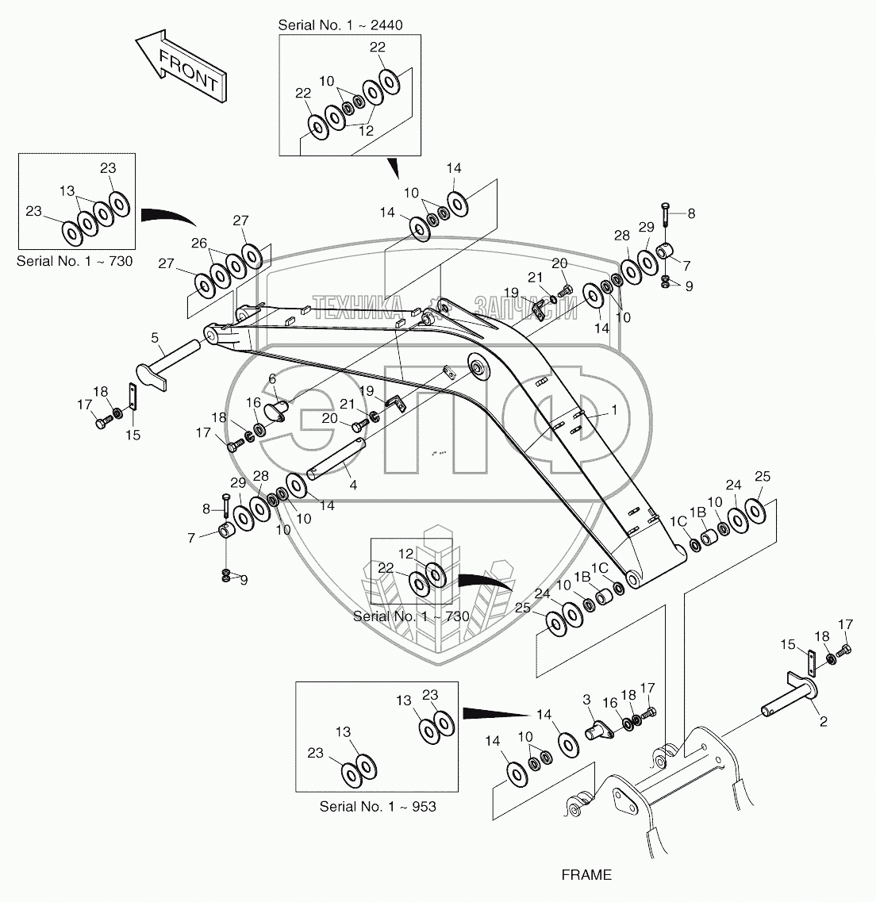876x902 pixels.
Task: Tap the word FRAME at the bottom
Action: (x=586, y=875)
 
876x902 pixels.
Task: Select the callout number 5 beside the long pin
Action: (x=156, y=338)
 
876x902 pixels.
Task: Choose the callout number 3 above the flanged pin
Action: (x=586, y=699)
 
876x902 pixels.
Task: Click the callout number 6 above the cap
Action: (x=271, y=379)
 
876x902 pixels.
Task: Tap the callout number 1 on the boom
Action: (x=613, y=411)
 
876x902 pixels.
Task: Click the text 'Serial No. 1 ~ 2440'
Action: (x=340, y=25)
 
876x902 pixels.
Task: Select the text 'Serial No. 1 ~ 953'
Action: (x=378, y=806)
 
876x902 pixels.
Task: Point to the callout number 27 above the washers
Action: (x=240, y=221)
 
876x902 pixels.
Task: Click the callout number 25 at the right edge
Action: (x=763, y=476)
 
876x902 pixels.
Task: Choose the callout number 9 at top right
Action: (x=688, y=286)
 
